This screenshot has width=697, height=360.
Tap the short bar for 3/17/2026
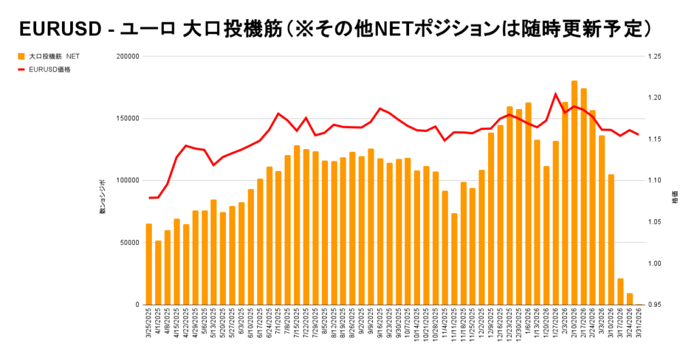tap(620, 292)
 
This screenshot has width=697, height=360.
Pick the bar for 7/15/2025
tap(297, 225)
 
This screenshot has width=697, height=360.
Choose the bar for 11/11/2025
tap(454, 259)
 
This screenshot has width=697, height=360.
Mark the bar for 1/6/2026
tap(528, 204)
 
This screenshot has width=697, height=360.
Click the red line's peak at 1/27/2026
tap(555, 94)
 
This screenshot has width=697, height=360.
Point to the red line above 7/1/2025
tap(278, 114)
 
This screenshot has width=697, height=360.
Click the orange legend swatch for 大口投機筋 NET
tap(22, 55)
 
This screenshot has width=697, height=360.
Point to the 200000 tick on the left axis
tap(125, 56)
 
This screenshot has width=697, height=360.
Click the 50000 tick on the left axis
tap(127, 242)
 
